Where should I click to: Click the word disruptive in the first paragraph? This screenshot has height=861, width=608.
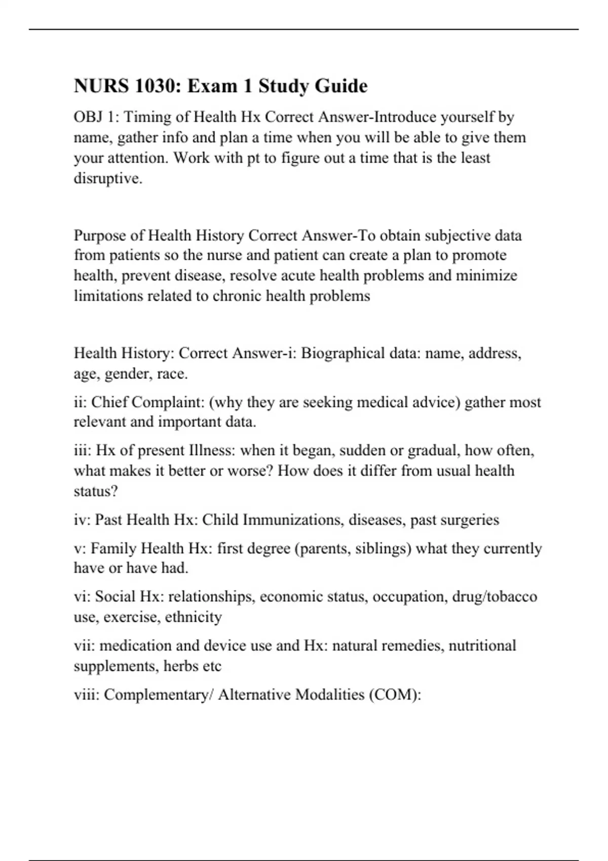click(107, 178)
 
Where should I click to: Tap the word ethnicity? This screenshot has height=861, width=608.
click(194, 617)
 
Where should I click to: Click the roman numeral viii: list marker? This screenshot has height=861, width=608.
click(87, 694)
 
